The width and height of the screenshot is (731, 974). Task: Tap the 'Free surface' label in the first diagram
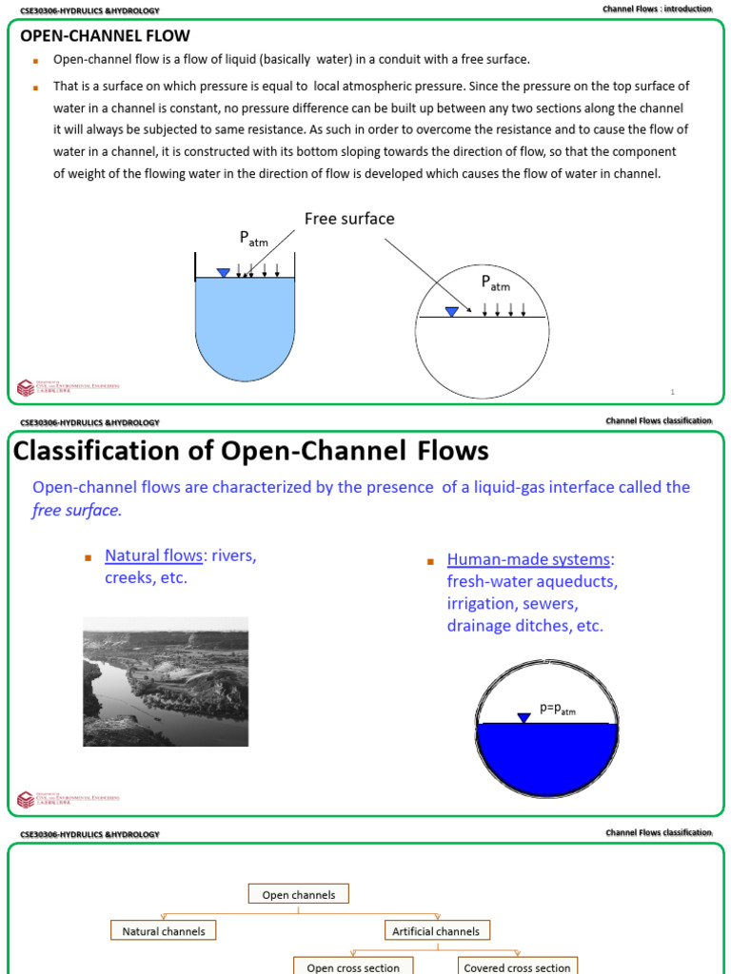click(x=349, y=219)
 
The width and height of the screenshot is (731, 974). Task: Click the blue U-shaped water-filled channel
click(x=245, y=323)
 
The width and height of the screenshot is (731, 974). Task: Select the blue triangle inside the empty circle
click(x=451, y=311)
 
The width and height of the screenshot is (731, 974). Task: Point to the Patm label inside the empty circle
click(x=495, y=282)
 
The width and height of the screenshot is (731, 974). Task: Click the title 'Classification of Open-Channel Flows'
click(x=251, y=451)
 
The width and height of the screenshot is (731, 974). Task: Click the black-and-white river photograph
click(x=166, y=681)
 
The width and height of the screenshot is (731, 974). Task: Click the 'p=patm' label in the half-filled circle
click(x=558, y=709)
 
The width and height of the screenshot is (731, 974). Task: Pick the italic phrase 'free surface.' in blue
click(x=77, y=510)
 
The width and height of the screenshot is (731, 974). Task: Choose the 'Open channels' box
click(x=299, y=894)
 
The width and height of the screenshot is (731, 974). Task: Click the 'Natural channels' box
click(x=164, y=931)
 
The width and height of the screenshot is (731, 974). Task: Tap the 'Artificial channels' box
click(x=436, y=931)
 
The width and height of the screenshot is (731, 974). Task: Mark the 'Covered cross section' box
click(x=517, y=966)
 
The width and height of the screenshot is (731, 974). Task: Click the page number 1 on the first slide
click(x=672, y=392)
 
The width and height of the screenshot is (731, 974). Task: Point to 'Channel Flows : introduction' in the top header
click(x=657, y=10)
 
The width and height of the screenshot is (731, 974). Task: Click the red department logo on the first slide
click(x=25, y=387)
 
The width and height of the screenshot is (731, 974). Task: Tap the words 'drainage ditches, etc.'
click(x=524, y=626)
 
